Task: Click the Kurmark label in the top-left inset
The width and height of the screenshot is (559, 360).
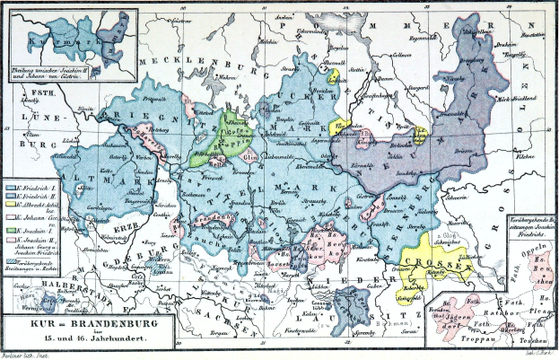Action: [x=53, y=40]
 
